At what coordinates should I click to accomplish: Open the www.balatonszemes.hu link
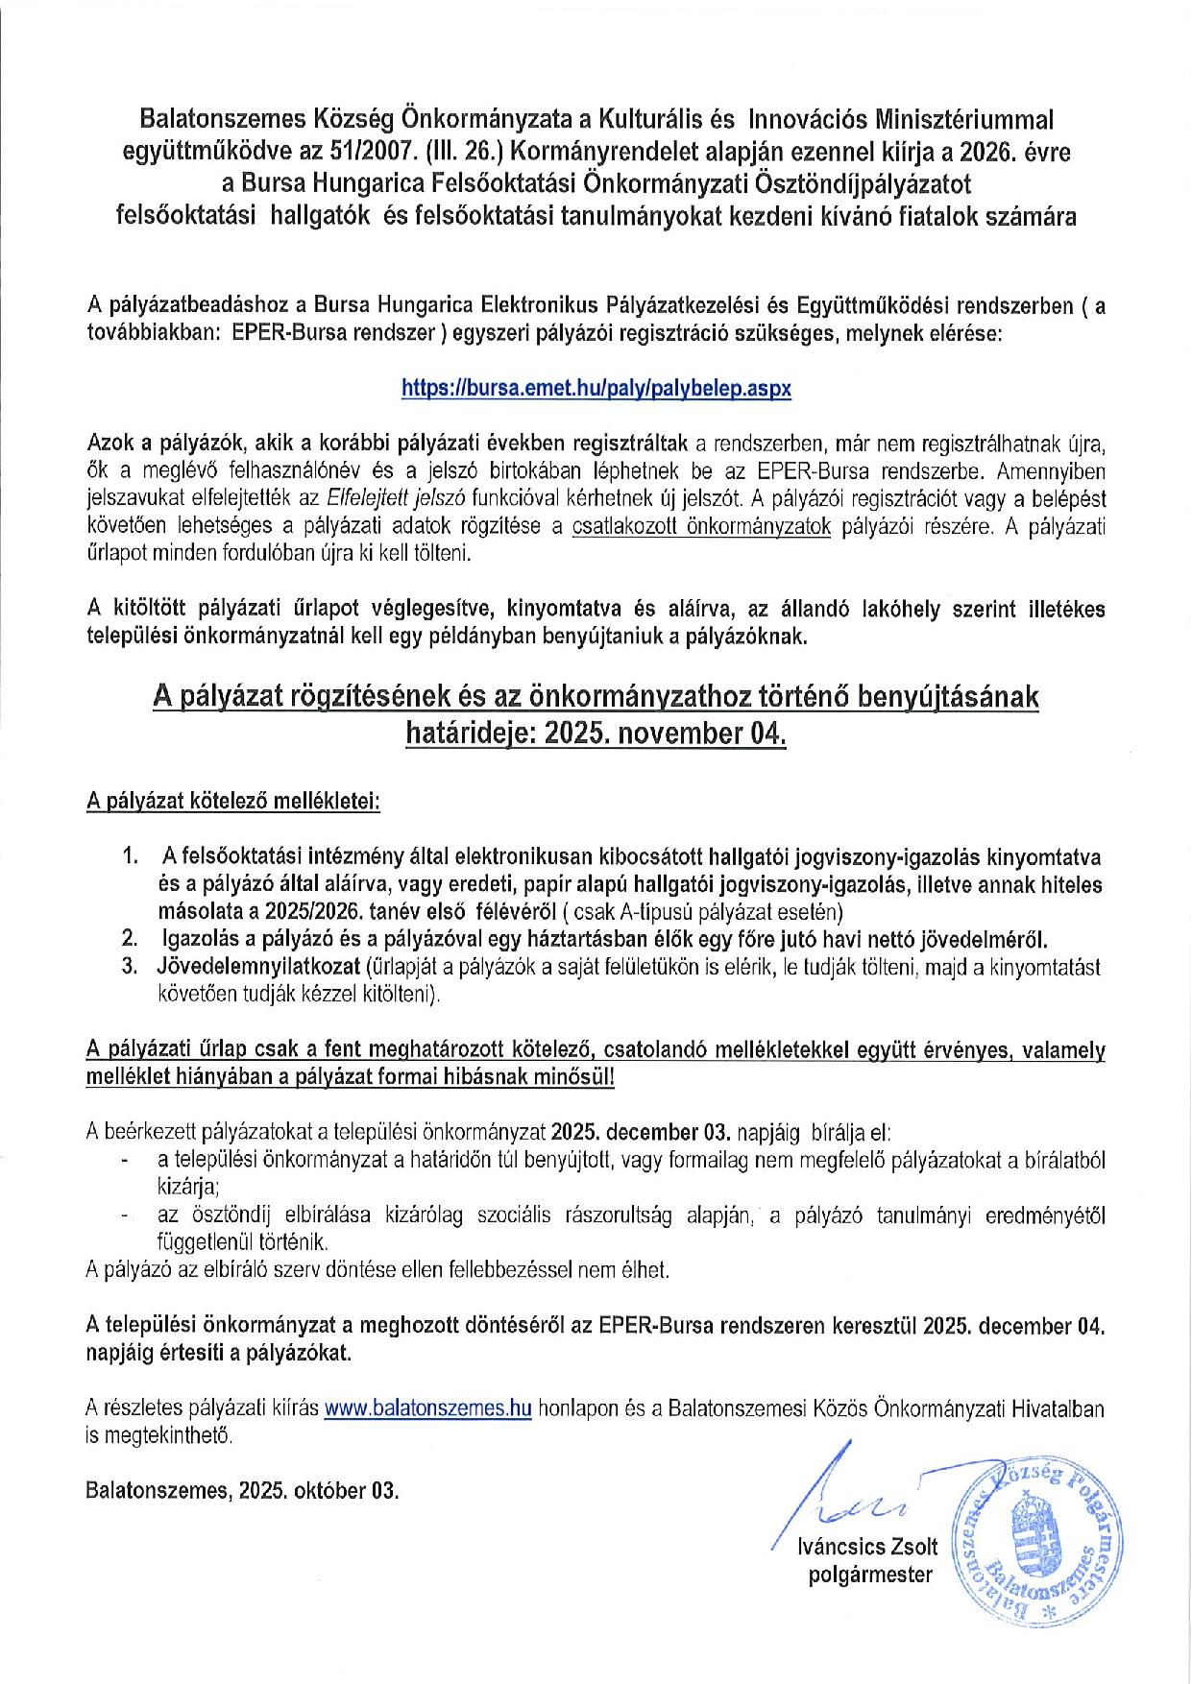pos(427,1408)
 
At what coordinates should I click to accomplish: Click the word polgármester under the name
pos(870,1575)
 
